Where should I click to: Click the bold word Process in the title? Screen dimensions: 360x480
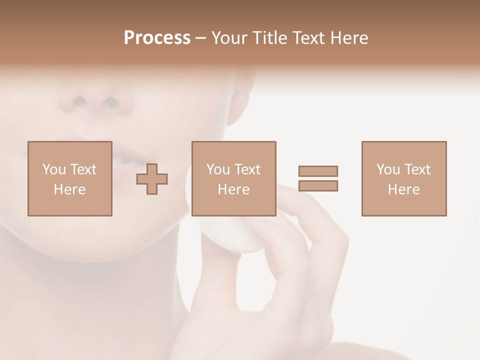pyautogui.click(x=157, y=38)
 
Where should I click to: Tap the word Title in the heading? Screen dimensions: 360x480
pyautogui.click(x=269, y=38)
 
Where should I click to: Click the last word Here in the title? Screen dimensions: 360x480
pyautogui.click(x=349, y=38)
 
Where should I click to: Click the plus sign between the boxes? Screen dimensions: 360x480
pyautogui.click(x=152, y=179)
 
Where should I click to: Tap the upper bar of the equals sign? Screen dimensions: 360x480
pyautogui.click(x=318, y=171)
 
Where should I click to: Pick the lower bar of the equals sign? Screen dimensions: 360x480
pyautogui.click(x=318, y=185)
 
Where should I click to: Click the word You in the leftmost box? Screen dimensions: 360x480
pyautogui.click(x=54, y=169)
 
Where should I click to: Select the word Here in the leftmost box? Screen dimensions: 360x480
pyautogui.click(x=69, y=189)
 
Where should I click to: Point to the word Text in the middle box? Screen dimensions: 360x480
pyautogui.click(x=247, y=169)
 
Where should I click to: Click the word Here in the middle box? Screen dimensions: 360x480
pyautogui.click(x=233, y=189)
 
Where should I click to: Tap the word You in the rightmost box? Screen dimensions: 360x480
pyautogui.click(x=388, y=169)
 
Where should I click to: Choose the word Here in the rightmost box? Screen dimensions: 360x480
pyautogui.click(x=403, y=189)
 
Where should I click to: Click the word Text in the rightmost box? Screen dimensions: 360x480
pyautogui.click(x=417, y=169)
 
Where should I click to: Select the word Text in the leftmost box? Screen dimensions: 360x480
pyautogui.click(x=83, y=169)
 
